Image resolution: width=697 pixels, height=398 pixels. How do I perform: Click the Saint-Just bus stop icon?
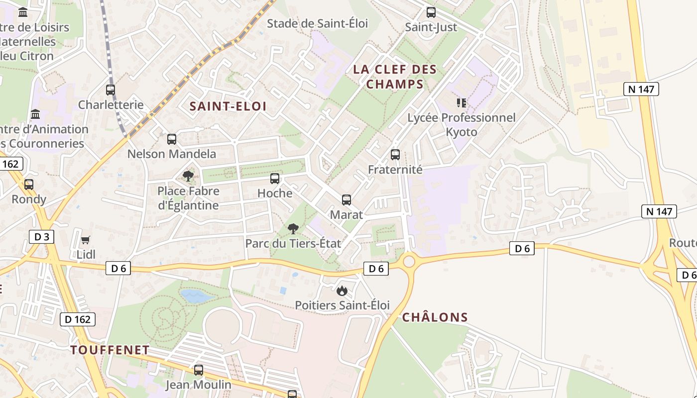431,12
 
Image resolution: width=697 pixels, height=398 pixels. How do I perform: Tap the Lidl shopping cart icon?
86,240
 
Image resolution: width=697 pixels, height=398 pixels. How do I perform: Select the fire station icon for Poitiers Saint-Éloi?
342,291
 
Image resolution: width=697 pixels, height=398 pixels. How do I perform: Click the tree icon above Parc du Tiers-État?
293,229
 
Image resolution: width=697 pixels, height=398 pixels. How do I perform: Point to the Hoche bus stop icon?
275,179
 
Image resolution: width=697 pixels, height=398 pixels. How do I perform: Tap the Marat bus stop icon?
347,200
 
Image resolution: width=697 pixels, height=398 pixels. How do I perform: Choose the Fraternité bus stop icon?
395,155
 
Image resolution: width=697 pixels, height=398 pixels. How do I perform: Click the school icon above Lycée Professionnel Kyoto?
462,103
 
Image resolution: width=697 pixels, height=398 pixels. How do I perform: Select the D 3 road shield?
41,237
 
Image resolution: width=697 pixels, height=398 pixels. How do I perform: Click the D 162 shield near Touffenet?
78,319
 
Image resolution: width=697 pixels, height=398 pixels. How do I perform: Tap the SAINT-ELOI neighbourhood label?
228,106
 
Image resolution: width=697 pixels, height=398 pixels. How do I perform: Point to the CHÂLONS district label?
435,317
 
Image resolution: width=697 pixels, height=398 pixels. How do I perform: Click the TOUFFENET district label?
110,350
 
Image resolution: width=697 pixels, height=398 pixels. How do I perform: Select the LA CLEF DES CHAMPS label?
395,77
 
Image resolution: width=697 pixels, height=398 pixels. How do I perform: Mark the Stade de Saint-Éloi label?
317,23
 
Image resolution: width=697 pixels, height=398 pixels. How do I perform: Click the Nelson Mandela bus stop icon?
172,139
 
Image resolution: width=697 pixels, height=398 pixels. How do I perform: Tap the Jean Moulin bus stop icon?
199,370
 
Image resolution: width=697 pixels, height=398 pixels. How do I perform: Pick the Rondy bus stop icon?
29,185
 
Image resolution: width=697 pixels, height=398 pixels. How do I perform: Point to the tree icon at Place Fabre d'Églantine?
188,176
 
